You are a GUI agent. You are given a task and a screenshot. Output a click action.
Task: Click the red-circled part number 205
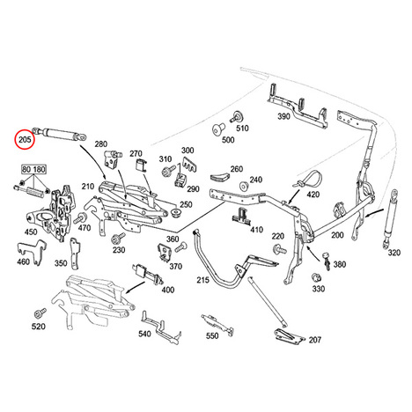pos(25,139)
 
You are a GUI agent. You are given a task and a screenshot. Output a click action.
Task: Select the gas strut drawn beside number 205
pos(60,134)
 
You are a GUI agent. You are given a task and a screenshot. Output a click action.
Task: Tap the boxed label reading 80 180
pos(34,170)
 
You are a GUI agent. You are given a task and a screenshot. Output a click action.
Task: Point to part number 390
pos(283,116)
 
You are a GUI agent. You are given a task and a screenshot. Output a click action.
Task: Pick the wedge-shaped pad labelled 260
pos(220,178)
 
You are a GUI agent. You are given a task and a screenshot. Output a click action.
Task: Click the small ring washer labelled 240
pos(243,187)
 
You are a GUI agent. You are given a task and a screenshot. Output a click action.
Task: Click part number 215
pos(202,280)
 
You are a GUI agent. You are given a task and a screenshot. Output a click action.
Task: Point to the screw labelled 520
pos(40,313)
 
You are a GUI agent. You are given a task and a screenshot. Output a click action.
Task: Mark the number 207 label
pos(314,340)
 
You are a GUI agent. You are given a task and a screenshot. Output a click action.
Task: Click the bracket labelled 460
pos(32,253)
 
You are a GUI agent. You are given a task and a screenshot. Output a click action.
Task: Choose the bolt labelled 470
pos(79,218)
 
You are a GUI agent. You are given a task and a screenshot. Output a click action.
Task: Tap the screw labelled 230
pos(118,239)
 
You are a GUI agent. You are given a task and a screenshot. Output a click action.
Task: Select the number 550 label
pos(212,335)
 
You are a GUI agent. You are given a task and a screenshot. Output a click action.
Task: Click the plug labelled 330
pos(316,276)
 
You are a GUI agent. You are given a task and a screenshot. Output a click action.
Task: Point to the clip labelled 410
pos(242,216)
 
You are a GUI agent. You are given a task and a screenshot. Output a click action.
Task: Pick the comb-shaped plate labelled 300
pos(190,165)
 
